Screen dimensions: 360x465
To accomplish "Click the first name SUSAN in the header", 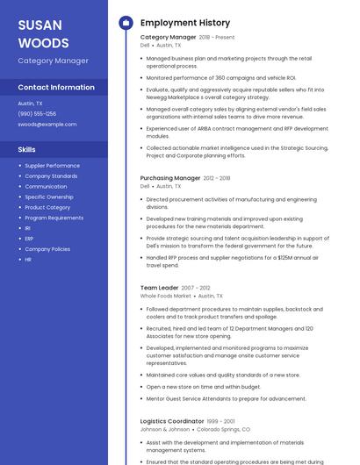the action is point(34,25).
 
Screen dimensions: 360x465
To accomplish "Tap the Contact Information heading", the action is point(56,88).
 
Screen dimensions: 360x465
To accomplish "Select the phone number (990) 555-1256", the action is point(37,113).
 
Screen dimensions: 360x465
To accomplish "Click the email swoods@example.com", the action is point(47,124).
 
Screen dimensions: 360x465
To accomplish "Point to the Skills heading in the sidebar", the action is point(26,149).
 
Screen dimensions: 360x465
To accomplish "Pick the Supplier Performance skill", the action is point(52,166).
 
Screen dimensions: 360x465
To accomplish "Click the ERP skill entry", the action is point(29,239).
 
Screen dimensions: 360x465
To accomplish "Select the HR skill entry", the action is point(28,260).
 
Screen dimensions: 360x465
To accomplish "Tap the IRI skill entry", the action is point(28,228).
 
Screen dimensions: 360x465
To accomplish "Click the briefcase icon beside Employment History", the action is point(125,22).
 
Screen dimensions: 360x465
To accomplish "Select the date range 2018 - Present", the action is point(217,38).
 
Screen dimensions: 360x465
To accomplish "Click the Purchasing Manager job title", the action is point(170,178).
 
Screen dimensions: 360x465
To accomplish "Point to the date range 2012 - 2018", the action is point(217,178).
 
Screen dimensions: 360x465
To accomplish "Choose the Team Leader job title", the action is point(159,288).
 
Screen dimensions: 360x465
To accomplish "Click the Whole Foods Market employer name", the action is point(165,297).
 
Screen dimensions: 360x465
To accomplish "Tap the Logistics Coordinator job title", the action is point(172,421).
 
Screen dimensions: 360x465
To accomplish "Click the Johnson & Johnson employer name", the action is point(164,430).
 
